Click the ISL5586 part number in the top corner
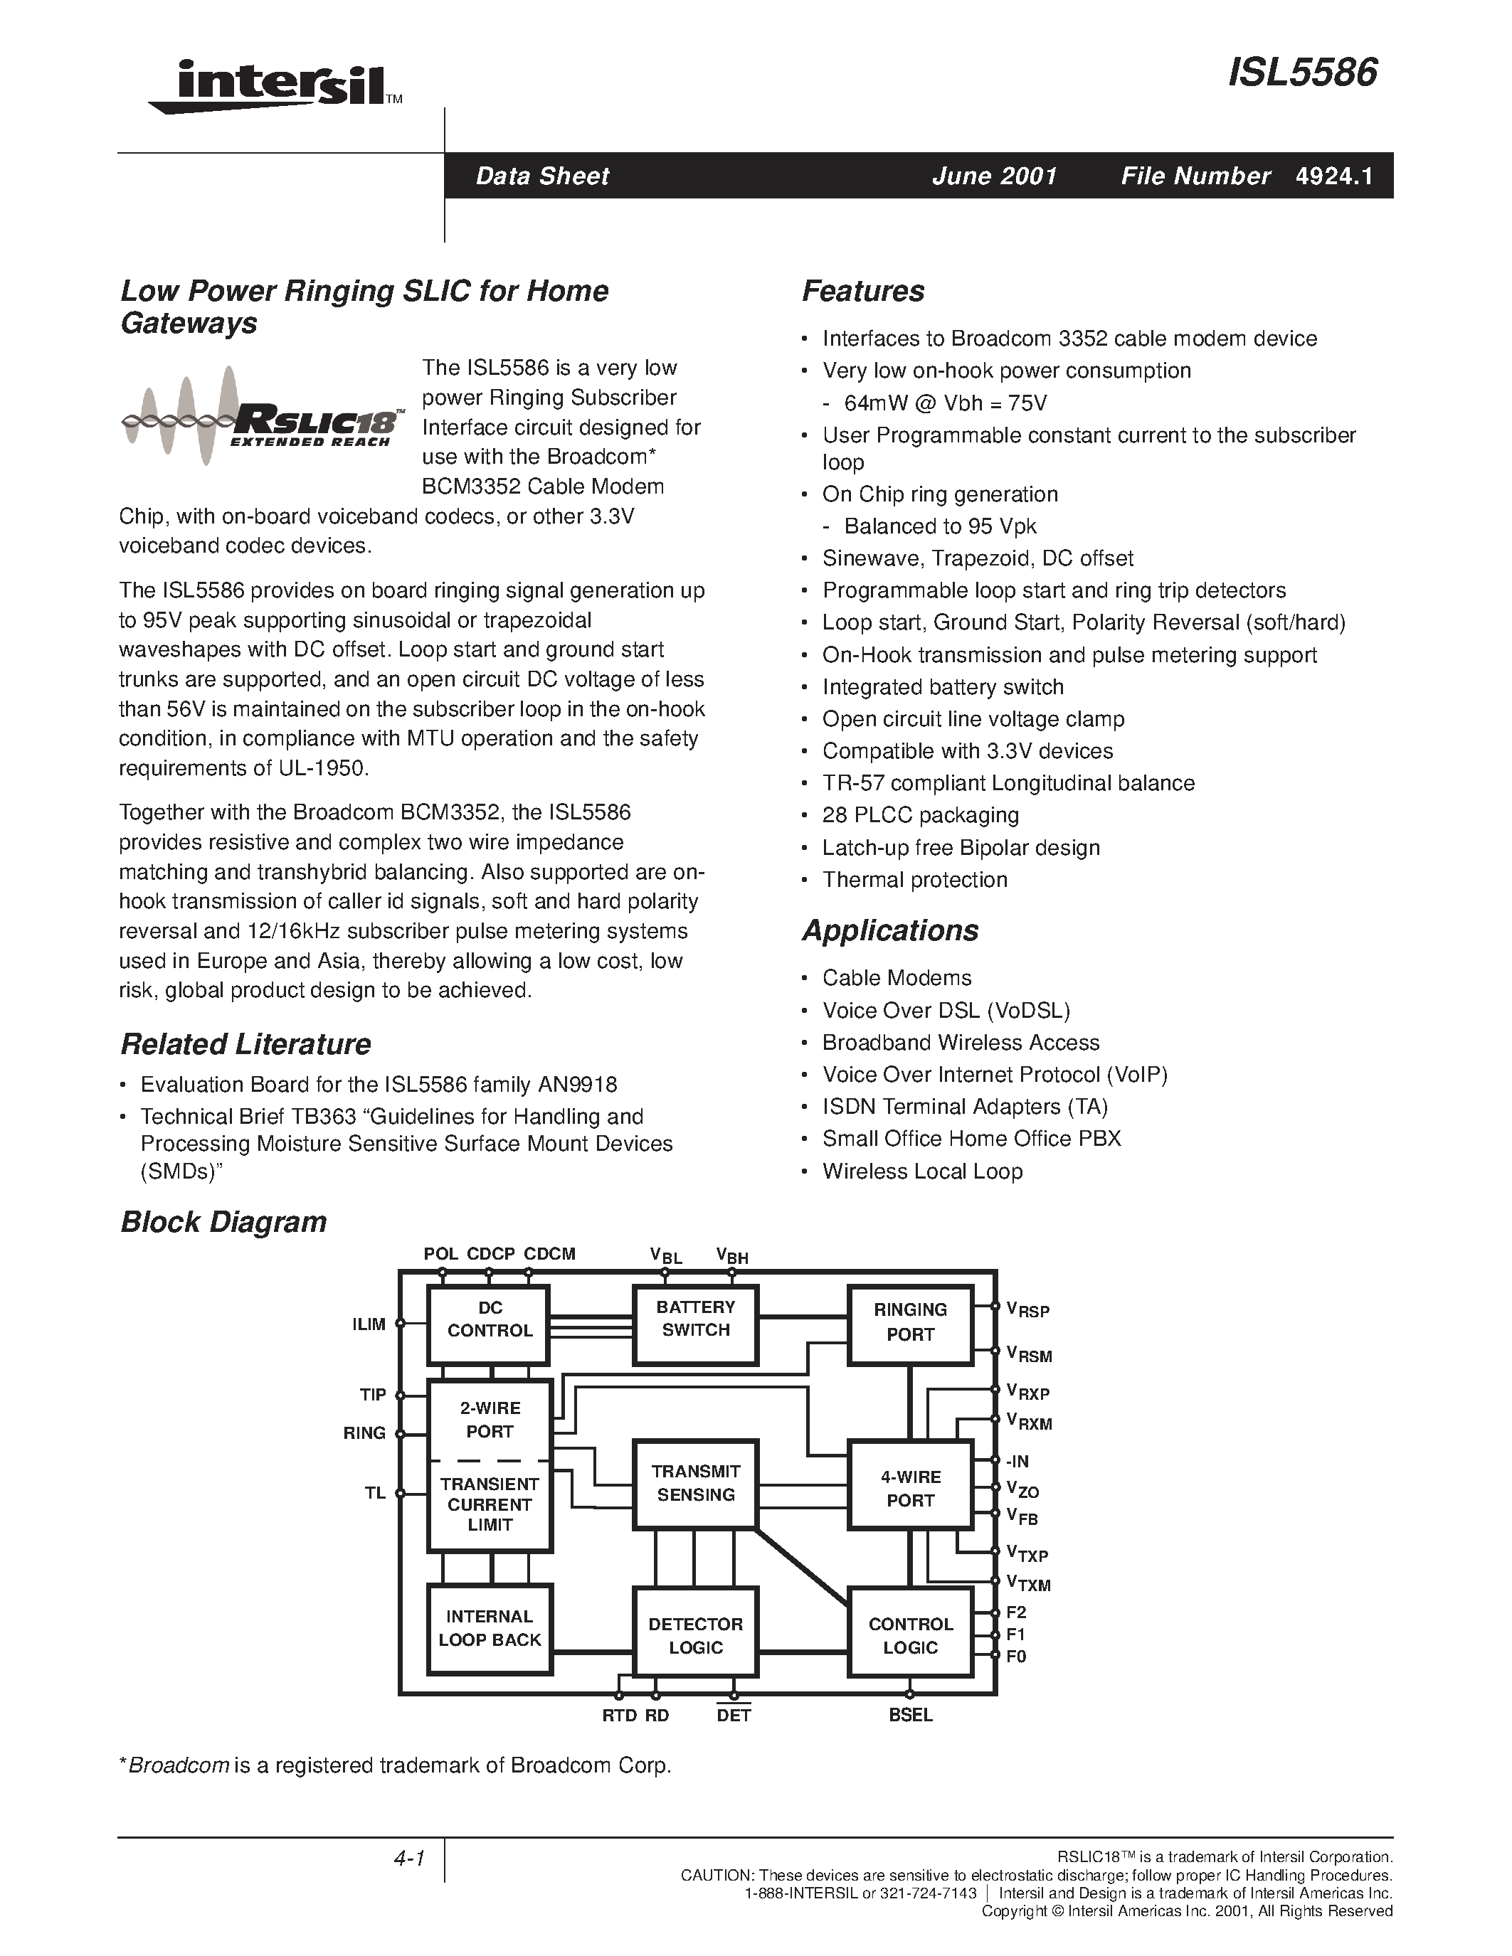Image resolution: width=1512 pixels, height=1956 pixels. [x=1301, y=73]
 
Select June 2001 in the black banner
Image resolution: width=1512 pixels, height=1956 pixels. [x=994, y=176]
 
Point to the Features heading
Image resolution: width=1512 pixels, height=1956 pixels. [x=862, y=291]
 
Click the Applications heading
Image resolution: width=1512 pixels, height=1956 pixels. [x=889, y=930]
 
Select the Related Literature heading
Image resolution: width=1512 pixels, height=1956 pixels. [x=245, y=1044]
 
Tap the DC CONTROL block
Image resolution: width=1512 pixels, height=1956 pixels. [x=489, y=1319]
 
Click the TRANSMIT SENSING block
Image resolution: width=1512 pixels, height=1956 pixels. [x=695, y=1483]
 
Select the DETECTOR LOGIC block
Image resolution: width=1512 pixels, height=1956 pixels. [x=695, y=1635]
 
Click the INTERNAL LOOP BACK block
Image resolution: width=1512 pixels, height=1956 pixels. [x=489, y=1627]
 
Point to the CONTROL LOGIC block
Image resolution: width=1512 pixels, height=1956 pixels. [x=910, y=1635]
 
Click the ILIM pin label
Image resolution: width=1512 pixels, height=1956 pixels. [x=369, y=1324]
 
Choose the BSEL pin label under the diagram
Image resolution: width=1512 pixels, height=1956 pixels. [x=910, y=1715]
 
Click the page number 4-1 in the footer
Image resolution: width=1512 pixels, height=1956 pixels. [x=408, y=1859]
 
